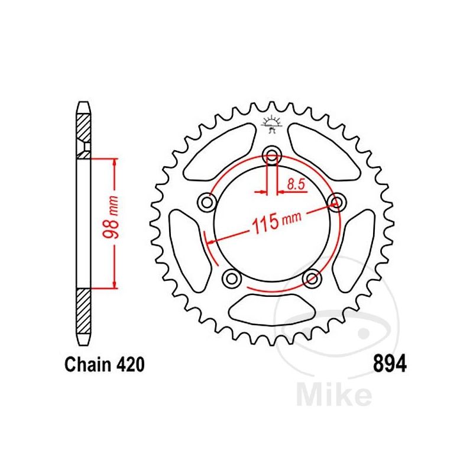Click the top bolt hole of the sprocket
[x=272, y=155]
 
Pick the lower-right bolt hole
[x=312, y=277]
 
